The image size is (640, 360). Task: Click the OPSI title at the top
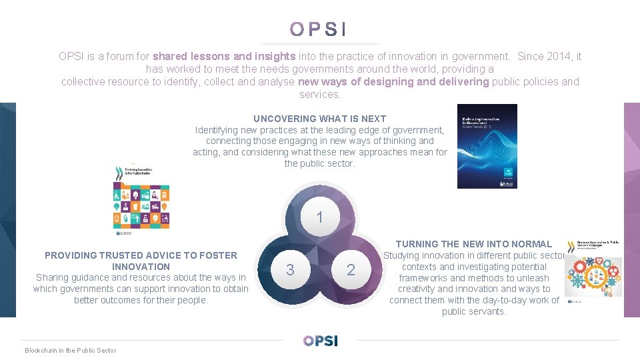pyautogui.click(x=319, y=29)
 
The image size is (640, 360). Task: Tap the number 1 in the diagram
pyautogui.click(x=320, y=217)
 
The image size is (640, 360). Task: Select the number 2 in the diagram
pyautogui.click(x=351, y=270)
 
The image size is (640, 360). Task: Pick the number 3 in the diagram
pyautogui.click(x=289, y=270)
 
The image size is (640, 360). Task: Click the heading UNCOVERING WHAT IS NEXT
pyautogui.click(x=319, y=119)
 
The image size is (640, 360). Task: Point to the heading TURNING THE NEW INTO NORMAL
pyautogui.click(x=474, y=244)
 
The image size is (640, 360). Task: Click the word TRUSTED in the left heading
pyautogui.click(x=125, y=255)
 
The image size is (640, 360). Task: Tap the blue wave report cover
pyautogui.click(x=487, y=146)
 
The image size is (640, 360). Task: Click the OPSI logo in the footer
pyautogui.click(x=320, y=341)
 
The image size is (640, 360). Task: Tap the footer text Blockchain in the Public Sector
pyautogui.click(x=70, y=351)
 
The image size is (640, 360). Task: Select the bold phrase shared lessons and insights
pyautogui.click(x=224, y=57)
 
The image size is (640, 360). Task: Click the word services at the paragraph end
pyautogui.click(x=319, y=95)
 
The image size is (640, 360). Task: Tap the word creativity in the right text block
pyautogui.click(x=420, y=289)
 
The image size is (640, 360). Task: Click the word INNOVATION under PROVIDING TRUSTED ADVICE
pyautogui.click(x=141, y=267)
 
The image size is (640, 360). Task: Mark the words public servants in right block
pyautogui.click(x=474, y=312)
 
